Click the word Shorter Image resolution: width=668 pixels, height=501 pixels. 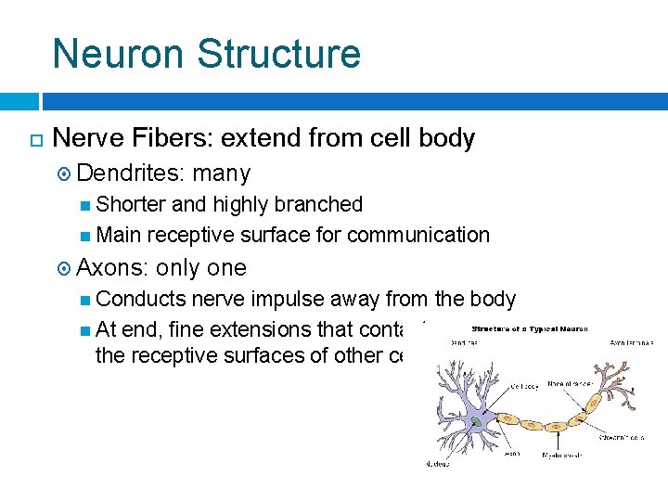click(x=131, y=204)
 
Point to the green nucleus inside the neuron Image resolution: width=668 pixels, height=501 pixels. click(x=476, y=421)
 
